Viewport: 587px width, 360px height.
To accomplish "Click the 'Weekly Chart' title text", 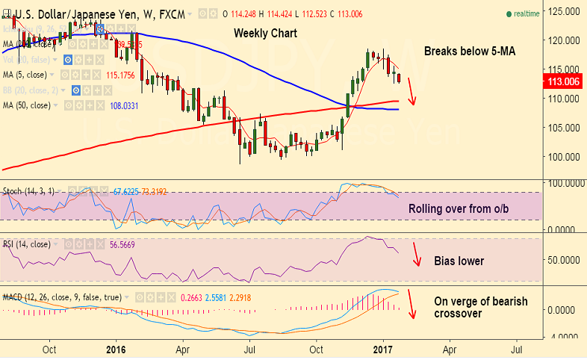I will [265, 34].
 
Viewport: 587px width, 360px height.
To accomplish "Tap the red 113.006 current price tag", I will [564, 81].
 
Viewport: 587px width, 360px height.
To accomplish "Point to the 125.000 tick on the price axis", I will [564, 12].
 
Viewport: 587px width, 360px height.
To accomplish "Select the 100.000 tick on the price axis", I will [564, 157].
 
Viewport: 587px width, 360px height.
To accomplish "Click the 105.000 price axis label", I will [564, 128].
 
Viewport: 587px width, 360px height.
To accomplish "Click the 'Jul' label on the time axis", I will [250, 348].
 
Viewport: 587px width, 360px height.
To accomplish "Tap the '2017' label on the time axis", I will [383, 348].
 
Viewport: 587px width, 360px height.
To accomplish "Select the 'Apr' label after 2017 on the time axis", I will [450, 348].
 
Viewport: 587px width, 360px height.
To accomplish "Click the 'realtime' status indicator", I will [526, 13].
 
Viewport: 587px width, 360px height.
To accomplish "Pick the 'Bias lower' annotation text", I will [459, 261].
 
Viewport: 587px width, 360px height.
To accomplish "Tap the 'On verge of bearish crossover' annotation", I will [481, 307].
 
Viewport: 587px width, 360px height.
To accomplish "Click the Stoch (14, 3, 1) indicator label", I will [29, 191].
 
